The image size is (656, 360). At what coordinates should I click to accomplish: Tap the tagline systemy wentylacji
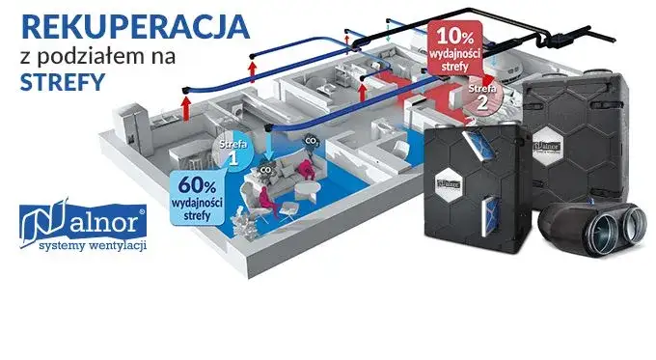(88, 246)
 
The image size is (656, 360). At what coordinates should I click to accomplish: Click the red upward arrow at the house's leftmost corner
(184, 104)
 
